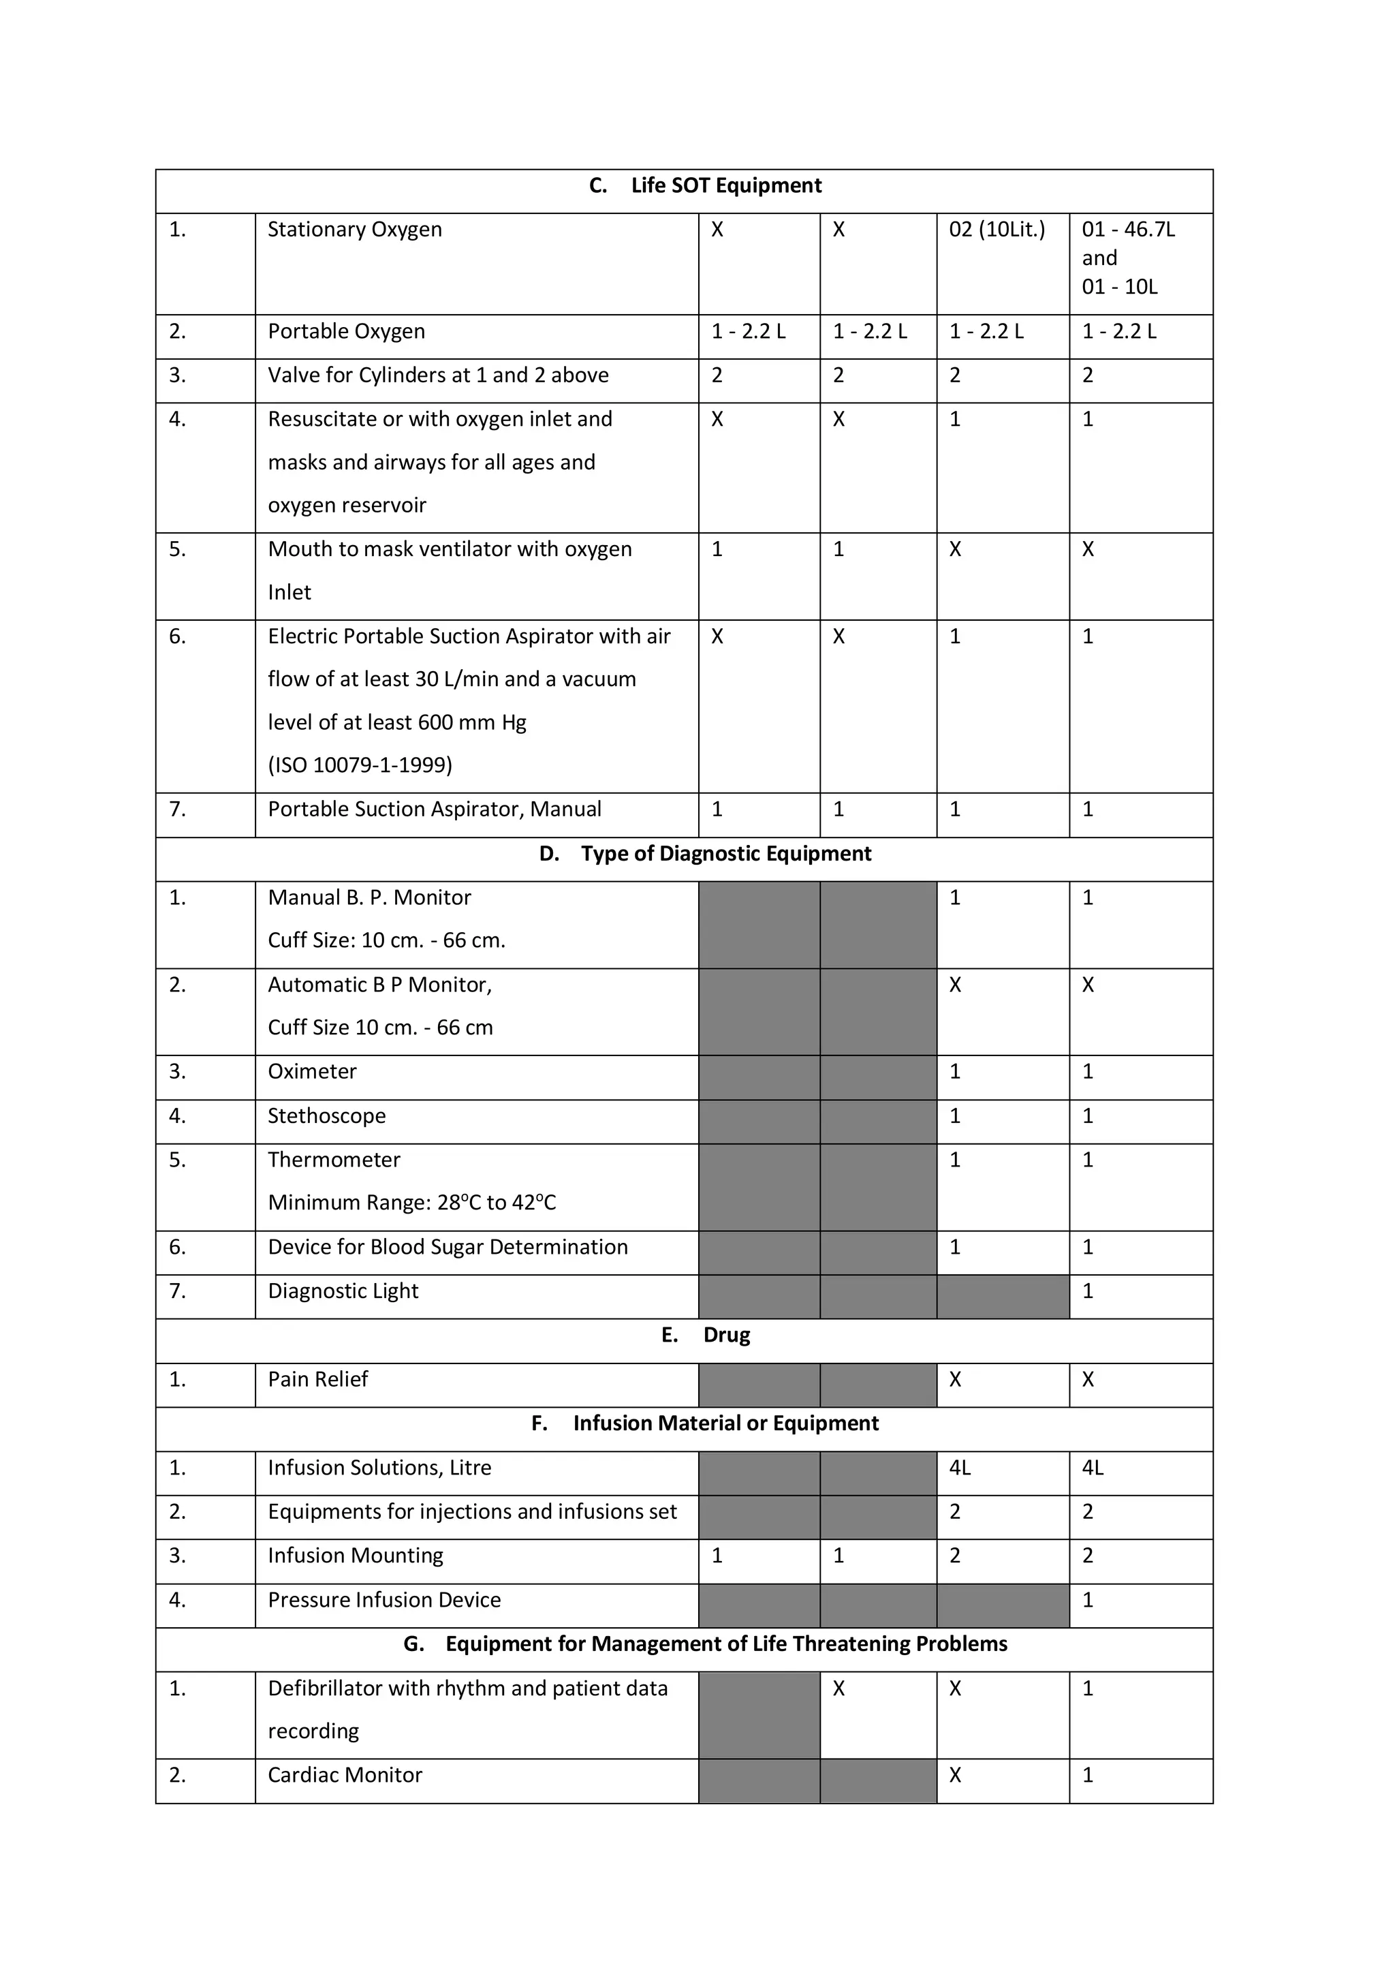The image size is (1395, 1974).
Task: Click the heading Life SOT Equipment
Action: pos(725,186)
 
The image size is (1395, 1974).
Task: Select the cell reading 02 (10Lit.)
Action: pos(996,230)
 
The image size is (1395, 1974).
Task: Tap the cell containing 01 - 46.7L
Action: pos(1128,230)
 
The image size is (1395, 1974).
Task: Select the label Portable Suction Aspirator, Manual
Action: pos(434,810)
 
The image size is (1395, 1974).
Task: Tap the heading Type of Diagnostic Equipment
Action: pos(725,854)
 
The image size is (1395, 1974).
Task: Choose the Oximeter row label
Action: pos(311,1072)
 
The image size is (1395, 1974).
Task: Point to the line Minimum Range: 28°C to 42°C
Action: pos(411,1203)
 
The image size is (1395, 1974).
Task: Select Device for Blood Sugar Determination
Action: pos(447,1248)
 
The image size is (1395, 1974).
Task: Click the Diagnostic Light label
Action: pos(342,1291)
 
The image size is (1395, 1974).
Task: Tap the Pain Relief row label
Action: pos(317,1380)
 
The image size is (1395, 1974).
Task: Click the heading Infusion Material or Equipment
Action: pos(725,1423)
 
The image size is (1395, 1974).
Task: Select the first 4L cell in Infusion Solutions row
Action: pos(959,1468)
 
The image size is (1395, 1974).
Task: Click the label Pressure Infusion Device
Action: pos(383,1600)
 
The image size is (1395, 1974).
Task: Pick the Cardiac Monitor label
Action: pos(345,1776)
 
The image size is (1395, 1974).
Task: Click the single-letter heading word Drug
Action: pos(726,1336)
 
